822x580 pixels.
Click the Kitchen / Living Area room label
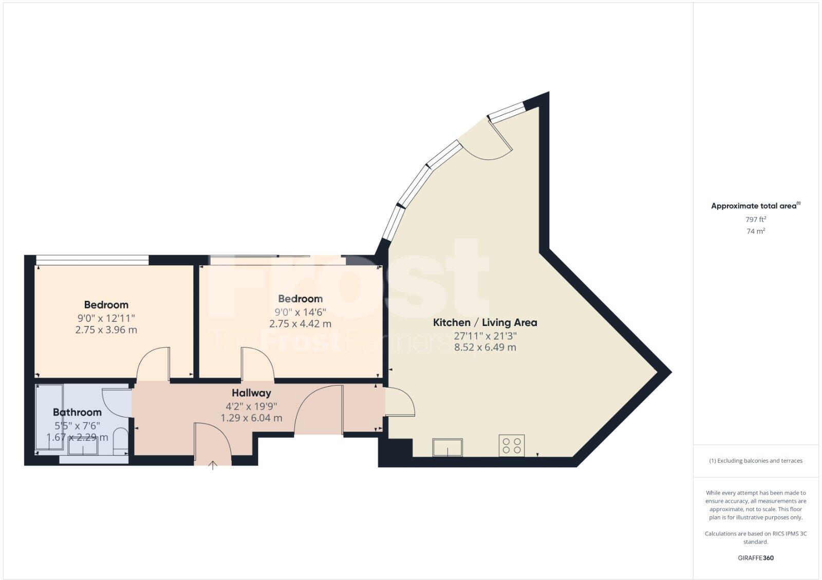click(485, 322)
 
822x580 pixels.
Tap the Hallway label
click(251, 393)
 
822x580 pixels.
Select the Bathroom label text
click(77, 412)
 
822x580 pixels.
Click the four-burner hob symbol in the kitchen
click(512, 445)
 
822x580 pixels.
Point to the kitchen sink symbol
click(447, 447)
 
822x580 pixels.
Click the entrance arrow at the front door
click(213, 465)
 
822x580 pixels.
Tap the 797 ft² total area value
click(756, 219)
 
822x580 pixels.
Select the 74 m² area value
click(756, 231)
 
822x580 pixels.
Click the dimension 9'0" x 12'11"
click(106, 318)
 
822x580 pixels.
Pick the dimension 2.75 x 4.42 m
click(300, 324)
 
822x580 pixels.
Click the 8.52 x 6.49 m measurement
click(485, 347)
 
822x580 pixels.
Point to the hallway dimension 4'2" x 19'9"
click(251, 406)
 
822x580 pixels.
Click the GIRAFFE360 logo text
click(756, 558)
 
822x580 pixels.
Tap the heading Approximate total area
click(754, 206)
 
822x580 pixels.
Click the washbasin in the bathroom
click(83, 447)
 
